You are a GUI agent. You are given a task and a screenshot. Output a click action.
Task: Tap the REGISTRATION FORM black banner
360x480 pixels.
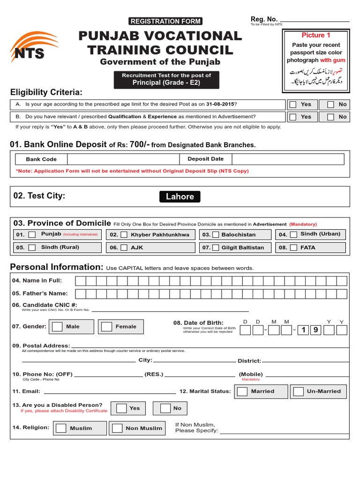165,21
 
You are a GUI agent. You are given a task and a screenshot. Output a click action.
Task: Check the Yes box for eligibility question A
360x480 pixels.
293,105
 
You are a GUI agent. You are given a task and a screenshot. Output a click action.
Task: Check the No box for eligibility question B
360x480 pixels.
330,117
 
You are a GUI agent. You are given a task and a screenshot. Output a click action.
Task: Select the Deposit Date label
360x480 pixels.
205,159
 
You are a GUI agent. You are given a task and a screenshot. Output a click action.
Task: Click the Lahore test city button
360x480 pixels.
180,196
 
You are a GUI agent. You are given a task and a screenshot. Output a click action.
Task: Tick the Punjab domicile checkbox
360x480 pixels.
32,234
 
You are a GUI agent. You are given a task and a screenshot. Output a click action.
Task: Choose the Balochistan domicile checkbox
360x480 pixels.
216,234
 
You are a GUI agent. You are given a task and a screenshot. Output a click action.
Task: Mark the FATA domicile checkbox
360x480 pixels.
293,247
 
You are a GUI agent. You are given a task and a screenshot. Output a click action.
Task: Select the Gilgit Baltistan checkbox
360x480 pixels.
216,247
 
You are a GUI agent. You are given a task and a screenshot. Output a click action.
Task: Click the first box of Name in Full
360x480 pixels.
80,281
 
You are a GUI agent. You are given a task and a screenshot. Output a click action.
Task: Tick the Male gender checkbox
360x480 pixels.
57,327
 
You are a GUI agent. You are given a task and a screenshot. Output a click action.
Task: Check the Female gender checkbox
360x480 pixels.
106,327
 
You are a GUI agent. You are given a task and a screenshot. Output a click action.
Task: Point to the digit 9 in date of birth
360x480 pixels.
316,330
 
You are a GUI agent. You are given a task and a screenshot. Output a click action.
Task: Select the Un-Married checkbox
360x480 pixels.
298,391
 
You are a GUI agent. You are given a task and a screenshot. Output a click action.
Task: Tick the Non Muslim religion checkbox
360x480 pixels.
118,428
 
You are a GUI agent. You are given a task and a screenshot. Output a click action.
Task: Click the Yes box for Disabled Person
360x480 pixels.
121,408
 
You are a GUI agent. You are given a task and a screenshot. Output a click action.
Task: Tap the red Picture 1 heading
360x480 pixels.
315,35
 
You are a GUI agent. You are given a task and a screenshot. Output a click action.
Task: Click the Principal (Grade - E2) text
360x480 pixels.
166,83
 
